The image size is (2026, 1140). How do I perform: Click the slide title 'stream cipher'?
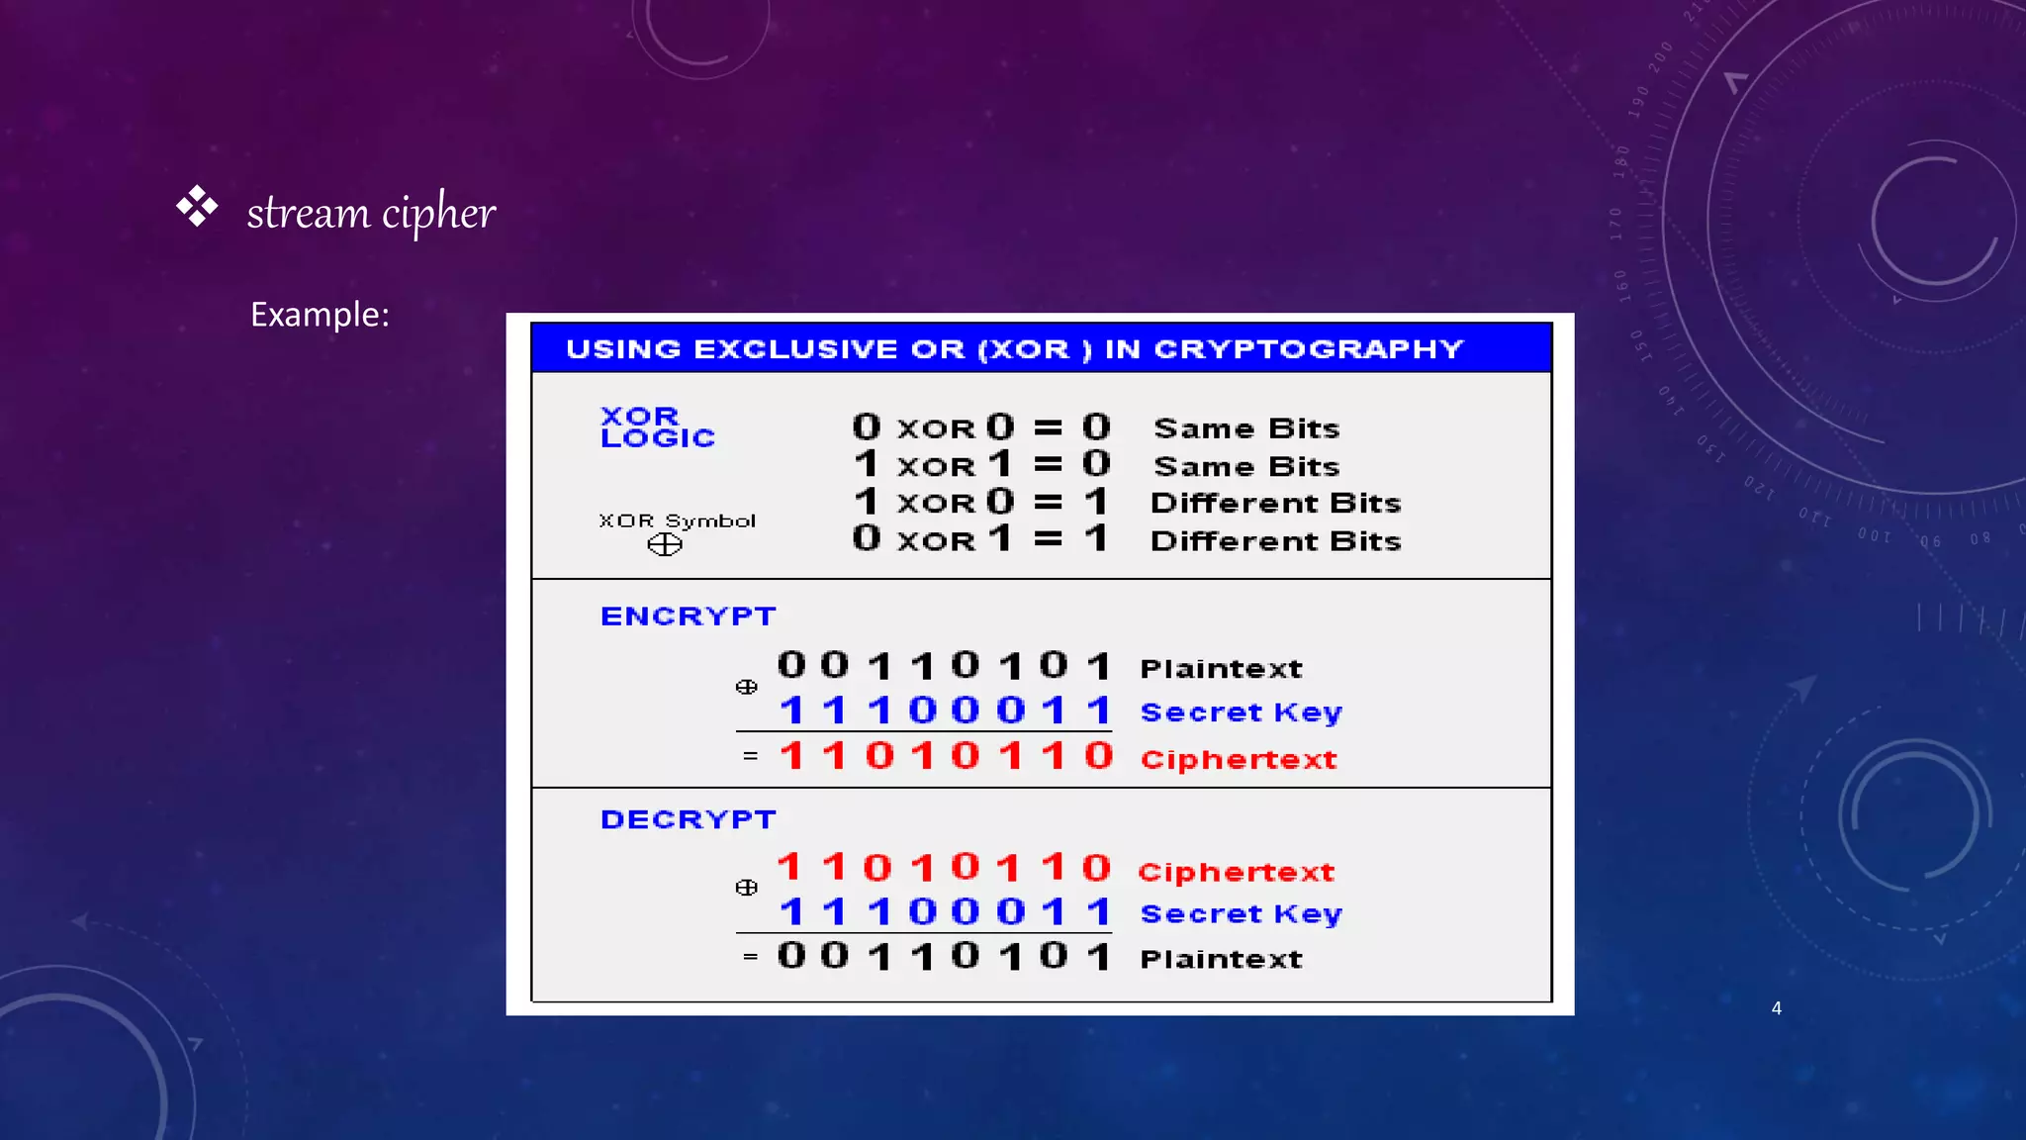(x=371, y=212)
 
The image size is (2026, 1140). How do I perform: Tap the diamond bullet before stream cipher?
(x=197, y=206)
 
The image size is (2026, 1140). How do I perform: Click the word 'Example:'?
(x=320, y=315)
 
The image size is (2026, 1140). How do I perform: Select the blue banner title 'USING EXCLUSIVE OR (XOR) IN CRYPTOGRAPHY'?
(x=1014, y=348)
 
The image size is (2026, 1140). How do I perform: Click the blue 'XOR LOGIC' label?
(x=656, y=427)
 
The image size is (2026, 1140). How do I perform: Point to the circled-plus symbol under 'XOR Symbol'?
(x=665, y=544)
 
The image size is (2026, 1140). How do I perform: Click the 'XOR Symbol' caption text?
(x=677, y=521)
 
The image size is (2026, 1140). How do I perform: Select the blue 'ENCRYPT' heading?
(x=688, y=617)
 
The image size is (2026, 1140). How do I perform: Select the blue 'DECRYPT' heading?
(x=688, y=819)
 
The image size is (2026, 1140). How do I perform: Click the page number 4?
(x=1777, y=1008)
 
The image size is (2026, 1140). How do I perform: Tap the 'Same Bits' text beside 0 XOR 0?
(x=1246, y=428)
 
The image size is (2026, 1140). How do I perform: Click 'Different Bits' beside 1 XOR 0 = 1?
(x=1275, y=503)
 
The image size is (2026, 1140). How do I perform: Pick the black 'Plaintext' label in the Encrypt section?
(x=1221, y=669)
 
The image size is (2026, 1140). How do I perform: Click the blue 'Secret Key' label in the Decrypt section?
(x=1241, y=914)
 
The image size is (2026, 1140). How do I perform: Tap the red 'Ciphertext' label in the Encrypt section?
(x=1238, y=760)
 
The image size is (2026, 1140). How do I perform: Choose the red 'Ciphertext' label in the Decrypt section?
(x=1236, y=872)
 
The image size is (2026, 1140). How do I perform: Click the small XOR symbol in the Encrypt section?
(x=747, y=687)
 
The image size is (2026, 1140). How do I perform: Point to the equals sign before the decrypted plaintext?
(x=750, y=957)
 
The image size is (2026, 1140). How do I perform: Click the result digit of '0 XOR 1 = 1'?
(x=1095, y=538)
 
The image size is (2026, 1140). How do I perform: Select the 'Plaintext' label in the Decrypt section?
(x=1221, y=959)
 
